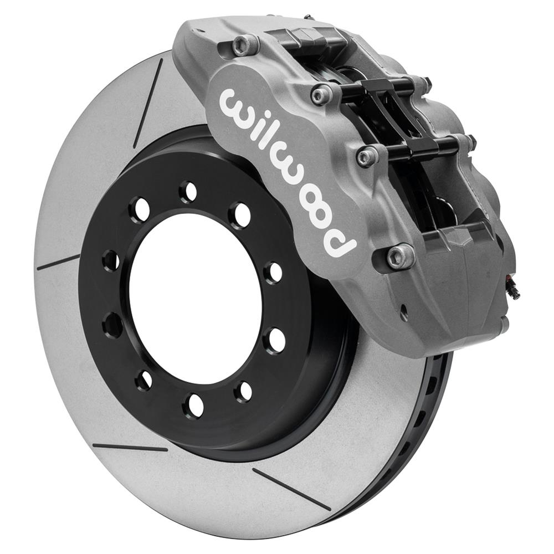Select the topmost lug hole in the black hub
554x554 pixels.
(188, 192)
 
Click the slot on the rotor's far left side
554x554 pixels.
(58, 263)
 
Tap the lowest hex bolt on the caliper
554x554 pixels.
(400, 257)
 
